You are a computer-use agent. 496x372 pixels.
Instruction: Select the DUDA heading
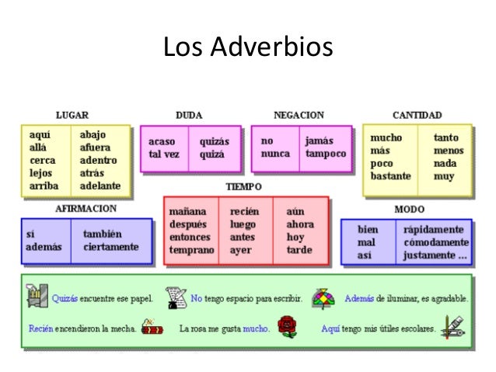click(189, 115)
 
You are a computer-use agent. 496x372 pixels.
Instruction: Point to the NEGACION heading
click(299, 115)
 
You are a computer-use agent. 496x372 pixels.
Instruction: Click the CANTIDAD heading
click(417, 115)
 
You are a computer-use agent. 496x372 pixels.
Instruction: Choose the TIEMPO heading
click(243, 186)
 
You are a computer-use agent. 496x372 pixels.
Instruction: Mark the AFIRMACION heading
click(86, 209)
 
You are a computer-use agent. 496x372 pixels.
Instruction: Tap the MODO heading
click(409, 209)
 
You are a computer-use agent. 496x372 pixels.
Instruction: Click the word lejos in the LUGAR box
click(41, 173)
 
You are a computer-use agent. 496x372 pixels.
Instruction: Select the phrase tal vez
click(164, 154)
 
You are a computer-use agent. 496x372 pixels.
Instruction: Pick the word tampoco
click(325, 154)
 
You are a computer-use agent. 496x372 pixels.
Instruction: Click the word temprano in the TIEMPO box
click(191, 250)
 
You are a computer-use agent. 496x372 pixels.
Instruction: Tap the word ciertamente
click(111, 247)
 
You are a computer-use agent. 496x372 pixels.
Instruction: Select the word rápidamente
click(437, 230)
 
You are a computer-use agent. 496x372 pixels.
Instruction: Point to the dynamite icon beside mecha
click(152, 327)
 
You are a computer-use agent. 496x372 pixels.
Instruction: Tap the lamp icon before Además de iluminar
click(323, 297)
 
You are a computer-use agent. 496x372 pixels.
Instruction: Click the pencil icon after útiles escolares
click(452, 325)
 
